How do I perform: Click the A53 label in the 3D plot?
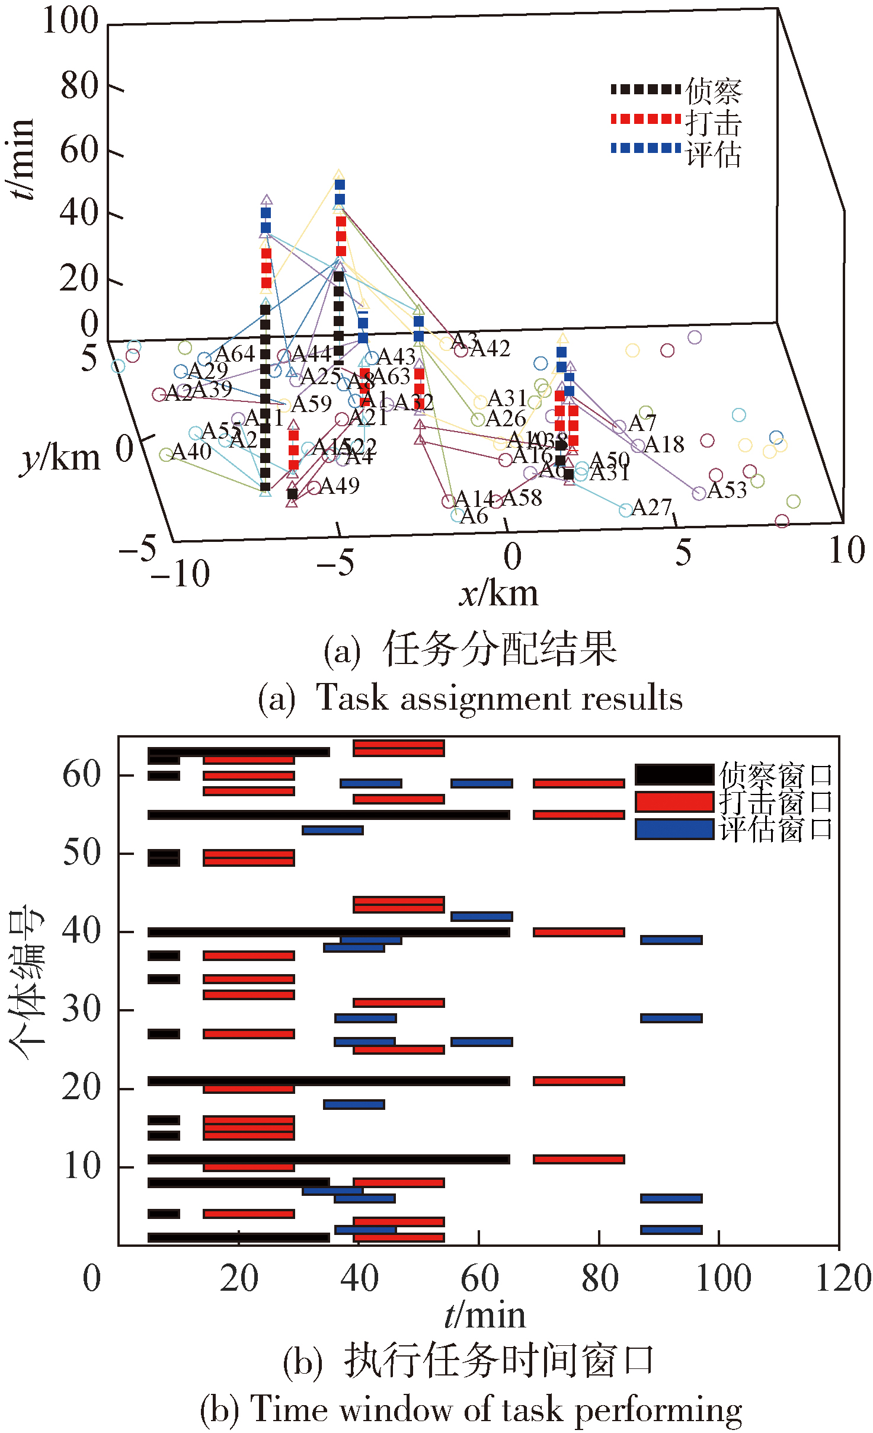727,490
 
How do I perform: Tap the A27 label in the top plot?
651,508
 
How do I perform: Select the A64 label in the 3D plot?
235,354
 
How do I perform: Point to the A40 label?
191,452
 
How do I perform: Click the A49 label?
339,486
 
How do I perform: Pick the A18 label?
664,445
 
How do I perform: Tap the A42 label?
490,349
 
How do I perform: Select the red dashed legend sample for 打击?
645,119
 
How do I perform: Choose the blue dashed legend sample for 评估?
645,148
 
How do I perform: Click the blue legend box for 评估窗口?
674,829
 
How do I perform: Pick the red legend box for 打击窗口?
674,802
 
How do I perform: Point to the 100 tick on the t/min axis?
70,21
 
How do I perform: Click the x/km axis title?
498,593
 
